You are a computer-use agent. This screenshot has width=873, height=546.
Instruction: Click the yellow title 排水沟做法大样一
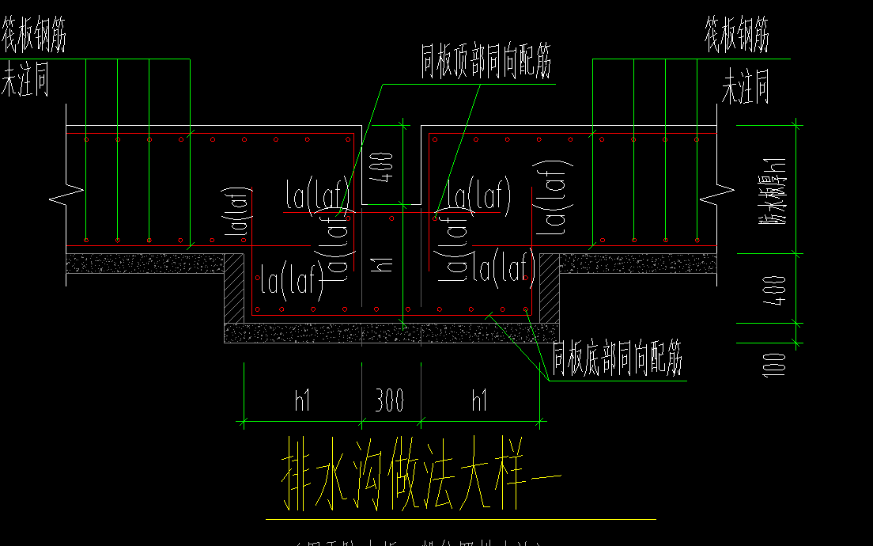pyautogui.click(x=421, y=481)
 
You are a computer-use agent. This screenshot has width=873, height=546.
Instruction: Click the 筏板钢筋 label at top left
pyautogui.click(x=33, y=36)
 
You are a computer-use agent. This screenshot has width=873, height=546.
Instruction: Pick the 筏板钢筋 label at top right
pyautogui.click(x=737, y=36)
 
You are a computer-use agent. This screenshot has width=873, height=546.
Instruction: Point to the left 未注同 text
pyautogui.click(x=25, y=82)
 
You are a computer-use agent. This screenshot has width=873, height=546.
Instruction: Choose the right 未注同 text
pyautogui.click(x=745, y=87)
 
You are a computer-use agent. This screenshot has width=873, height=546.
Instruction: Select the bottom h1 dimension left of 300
pyautogui.click(x=303, y=400)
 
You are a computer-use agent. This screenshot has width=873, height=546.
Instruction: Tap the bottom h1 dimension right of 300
pyautogui.click(x=479, y=400)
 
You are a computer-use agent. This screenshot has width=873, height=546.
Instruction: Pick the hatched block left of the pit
pyautogui.click(x=234, y=287)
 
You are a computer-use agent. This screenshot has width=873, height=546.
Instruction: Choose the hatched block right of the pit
pyautogui.click(x=549, y=287)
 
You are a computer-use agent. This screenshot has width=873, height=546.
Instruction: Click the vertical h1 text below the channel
pyautogui.click(x=385, y=260)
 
